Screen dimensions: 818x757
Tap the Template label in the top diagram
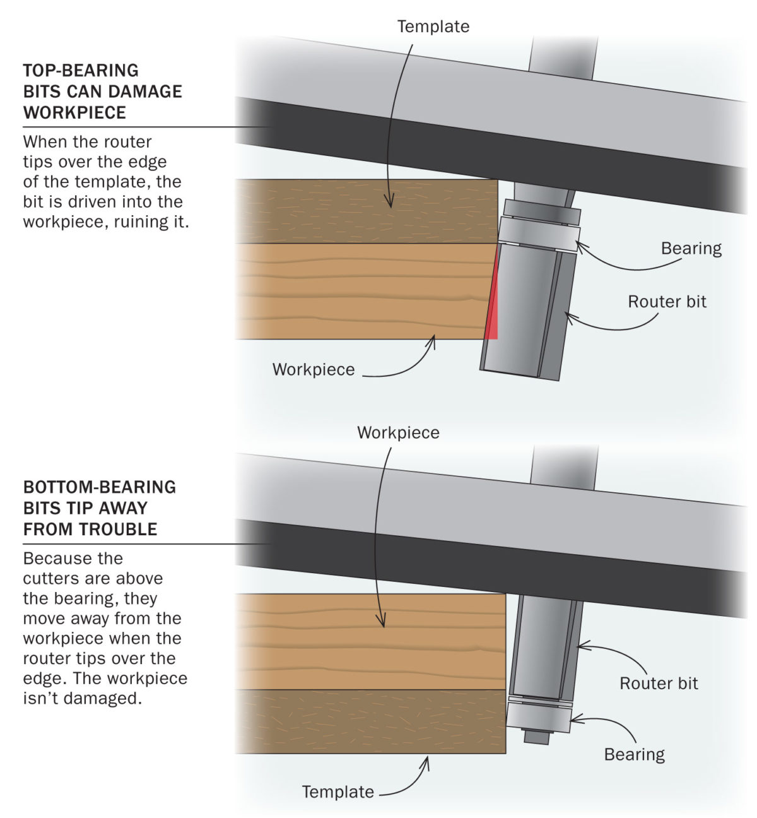coord(433,27)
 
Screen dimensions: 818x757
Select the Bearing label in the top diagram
coord(691,248)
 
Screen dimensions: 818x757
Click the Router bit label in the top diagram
coord(667,302)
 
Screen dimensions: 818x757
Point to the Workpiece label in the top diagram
coord(314,369)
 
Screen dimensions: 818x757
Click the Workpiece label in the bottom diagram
coord(398,432)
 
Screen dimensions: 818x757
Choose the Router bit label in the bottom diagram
coord(659,684)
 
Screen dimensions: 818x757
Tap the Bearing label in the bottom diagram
coord(634,754)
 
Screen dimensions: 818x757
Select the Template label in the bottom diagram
coord(337,791)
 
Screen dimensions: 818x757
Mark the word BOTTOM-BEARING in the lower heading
coord(100,487)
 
